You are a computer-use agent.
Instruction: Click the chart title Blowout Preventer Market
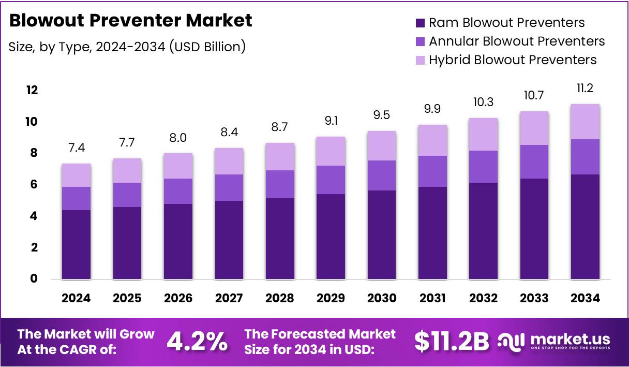click(x=131, y=20)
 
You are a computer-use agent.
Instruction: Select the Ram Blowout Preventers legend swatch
click(x=420, y=23)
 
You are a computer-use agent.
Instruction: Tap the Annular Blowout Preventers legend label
click(x=516, y=41)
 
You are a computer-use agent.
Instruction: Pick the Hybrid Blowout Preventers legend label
click(x=512, y=60)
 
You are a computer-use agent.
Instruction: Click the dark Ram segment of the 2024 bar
click(x=76, y=244)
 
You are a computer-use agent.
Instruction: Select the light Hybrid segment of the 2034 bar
click(x=585, y=122)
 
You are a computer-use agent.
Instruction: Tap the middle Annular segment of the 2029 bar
click(x=330, y=180)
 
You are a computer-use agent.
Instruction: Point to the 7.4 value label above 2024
click(x=76, y=149)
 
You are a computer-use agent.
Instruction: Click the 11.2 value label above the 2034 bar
click(x=585, y=89)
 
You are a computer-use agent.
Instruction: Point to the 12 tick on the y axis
click(x=32, y=91)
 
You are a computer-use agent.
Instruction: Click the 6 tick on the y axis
click(x=33, y=185)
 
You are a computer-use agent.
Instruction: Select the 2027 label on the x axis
click(x=229, y=298)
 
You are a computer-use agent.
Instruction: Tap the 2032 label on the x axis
click(x=483, y=298)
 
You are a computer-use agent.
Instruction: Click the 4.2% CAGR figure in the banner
click(x=197, y=341)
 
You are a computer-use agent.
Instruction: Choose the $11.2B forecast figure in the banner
click(x=451, y=341)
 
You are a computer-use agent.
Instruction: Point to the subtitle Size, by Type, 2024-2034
click(x=127, y=47)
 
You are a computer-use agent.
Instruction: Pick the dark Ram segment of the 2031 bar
click(x=432, y=233)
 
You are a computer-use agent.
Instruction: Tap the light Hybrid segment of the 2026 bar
click(x=177, y=166)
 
